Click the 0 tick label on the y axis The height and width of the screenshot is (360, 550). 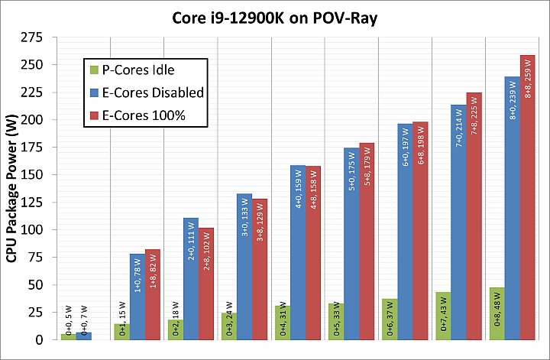tap(42, 339)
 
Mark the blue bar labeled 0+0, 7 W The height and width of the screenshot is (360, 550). tap(83, 336)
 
